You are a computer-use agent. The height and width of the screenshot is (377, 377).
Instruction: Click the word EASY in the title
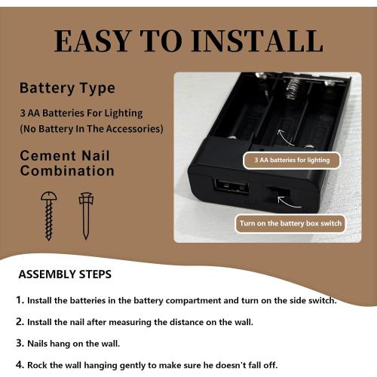point(92,41)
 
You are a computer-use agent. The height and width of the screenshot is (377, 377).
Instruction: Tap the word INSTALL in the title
point(257,41)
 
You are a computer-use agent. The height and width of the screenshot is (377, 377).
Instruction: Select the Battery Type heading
point(67,88)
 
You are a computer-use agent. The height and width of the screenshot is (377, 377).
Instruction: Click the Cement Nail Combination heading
point(67,164)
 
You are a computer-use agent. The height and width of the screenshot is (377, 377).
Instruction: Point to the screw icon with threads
point(49,216)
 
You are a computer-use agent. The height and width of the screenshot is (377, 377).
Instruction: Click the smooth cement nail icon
point(86,216)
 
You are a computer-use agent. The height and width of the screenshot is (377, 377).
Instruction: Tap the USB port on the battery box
point(231,188)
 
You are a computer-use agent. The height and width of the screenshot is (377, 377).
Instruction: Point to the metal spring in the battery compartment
point(293,88)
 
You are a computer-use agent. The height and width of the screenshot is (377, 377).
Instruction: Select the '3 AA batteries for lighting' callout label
point(292,160)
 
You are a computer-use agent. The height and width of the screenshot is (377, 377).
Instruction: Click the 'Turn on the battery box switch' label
point(290,223)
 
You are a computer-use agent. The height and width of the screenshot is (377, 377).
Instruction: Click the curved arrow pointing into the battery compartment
point(284,139)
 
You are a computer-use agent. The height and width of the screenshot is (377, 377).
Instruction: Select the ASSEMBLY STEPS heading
point(65,274)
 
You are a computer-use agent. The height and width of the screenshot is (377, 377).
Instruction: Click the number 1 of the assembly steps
point(20,300)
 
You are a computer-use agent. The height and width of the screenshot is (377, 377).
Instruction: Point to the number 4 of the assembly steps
point(20,365)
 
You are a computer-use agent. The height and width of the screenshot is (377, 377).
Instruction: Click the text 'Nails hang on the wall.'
point(73,344)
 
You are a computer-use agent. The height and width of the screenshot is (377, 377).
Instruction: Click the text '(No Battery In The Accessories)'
point(91,129)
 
